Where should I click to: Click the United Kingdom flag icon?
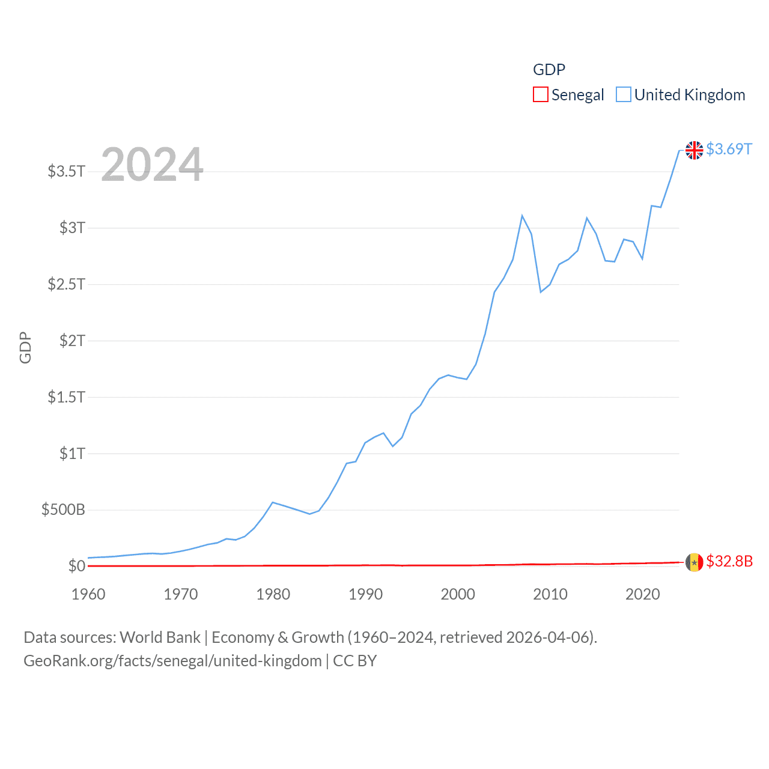694,150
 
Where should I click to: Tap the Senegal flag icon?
694,562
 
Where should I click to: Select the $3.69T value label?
729,149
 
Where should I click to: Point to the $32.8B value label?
729,561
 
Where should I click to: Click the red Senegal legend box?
541,95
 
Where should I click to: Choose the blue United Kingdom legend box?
624,95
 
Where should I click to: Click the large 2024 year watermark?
152,164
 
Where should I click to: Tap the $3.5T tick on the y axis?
66,171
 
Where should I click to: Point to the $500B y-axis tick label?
63,510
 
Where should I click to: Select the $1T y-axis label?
72,454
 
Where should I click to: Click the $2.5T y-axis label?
66,284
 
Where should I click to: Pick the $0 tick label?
77,566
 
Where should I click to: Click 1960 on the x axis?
88,594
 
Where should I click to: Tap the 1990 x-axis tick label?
365,594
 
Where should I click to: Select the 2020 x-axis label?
642,594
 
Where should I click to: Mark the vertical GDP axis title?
25,347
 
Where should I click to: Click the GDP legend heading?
549,70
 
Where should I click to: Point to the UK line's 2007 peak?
522,216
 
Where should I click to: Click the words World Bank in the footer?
160,637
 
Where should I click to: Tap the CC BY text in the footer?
354,661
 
